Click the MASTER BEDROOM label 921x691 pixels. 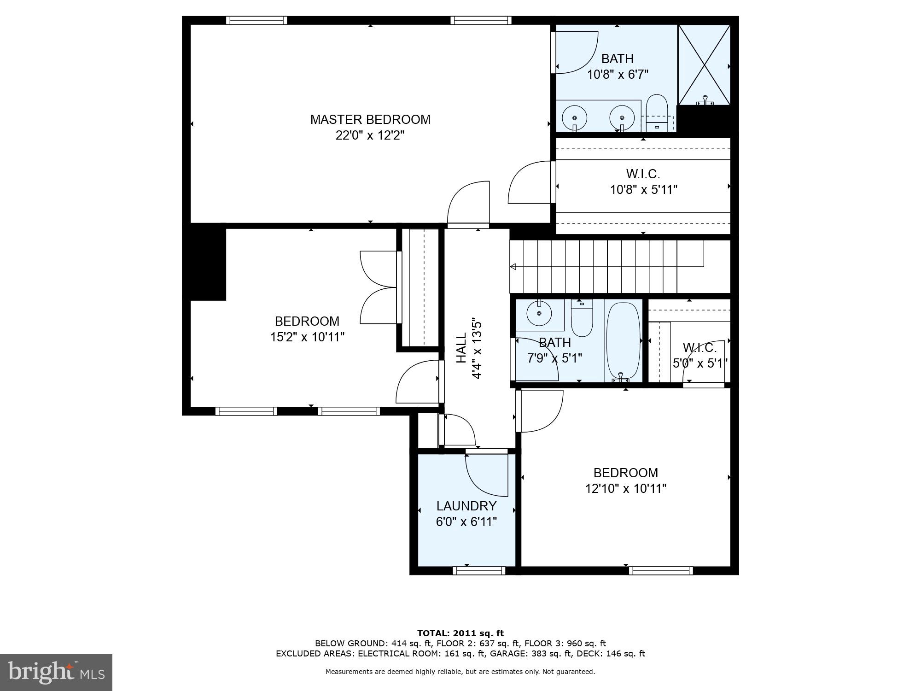click(x=370, y=119)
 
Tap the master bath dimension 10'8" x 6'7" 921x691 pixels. click(x=618, y=74)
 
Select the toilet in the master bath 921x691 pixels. click(x=657, y=112)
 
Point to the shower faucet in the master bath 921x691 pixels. click(x=705, y=100)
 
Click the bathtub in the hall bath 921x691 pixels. click(x=623, y=341)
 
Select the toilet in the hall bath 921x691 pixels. click(x=582, y=318)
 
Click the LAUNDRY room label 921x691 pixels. click(x=466, y=506)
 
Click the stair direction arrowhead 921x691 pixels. click(x=513, y=267)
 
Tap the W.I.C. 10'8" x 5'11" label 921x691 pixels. click(x=643, y=182)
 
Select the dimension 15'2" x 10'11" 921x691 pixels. click(x=307, y=337)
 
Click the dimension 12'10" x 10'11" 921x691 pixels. click(x=625, y=488)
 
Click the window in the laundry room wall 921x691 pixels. click(x=479, y=571)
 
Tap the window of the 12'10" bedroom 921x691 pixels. click(x=660, y=571)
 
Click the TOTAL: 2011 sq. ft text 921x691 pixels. click(x=460, y=633)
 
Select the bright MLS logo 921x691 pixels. click(x=56, y=673)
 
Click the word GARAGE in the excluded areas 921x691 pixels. click(x=507, y=653)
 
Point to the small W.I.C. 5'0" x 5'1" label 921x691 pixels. click(x=699, y=355)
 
